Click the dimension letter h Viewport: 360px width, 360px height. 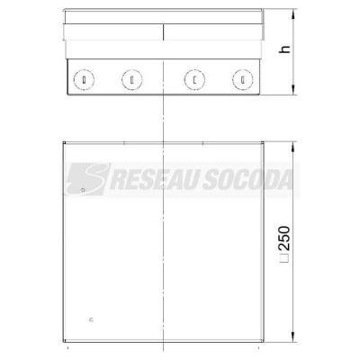[x=284, y=49]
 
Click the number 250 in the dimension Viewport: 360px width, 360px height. [x=284, y=238]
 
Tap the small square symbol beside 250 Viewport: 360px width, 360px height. [x=284, y=258]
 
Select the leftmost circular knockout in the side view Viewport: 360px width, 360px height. [x=84, y=80]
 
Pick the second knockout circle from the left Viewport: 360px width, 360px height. [x=132, y=80]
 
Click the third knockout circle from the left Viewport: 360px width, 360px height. [x=194, y=80]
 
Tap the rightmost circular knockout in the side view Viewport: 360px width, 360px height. [x=243, y=80]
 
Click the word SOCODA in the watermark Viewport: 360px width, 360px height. [x=248, y=180]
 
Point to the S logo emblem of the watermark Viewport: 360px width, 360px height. [x=87, y=179]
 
